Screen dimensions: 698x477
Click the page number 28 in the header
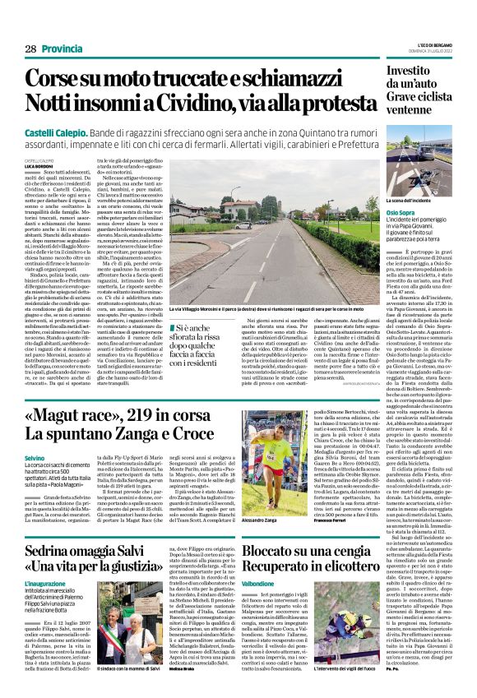[x=30, y=49]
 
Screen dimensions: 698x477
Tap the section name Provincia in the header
[x=62, y=49]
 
